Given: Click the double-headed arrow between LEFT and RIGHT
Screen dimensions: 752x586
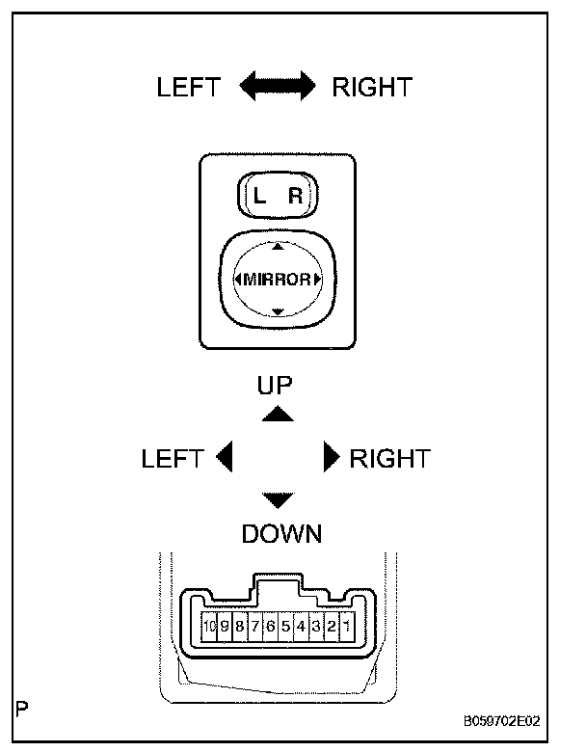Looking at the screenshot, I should (x=278, y=88).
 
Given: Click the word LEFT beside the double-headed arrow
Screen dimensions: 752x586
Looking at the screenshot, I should (x=189, y=88).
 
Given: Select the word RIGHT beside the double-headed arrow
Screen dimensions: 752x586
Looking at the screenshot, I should (x=371, y=88).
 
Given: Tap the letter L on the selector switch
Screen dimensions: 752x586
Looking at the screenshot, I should (x=258, y=197).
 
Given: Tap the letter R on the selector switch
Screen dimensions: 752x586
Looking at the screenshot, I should (x=295, y=197).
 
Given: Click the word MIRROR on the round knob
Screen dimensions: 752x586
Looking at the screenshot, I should (x=278, y=280).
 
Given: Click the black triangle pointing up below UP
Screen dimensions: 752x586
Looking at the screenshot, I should (x=278, y=414).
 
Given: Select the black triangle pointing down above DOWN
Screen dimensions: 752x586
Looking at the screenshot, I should (x=278, y=499).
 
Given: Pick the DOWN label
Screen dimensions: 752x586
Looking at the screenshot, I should (x=281, y=533).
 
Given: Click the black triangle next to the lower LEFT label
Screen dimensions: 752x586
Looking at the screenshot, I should (x=225, y=457).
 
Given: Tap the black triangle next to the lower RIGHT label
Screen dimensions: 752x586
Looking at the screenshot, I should (x=332, y=457).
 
